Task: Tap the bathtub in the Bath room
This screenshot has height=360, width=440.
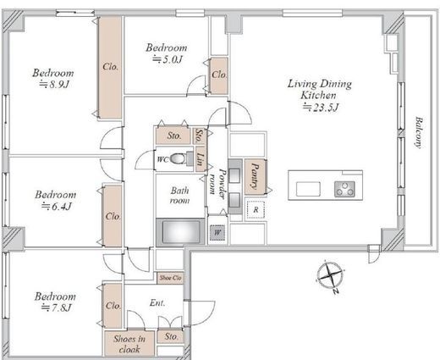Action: [x=180, y=232]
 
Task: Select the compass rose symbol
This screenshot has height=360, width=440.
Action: [x=330, y=276]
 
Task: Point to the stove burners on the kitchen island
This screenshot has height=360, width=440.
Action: [x=344, y=189]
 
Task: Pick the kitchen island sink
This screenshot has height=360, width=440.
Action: [x=308, y=189]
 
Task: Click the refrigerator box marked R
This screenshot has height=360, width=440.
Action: [x=256, y=210]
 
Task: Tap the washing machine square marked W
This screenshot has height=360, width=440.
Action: [x=217, y=233]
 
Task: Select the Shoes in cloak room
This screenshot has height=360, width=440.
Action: [x=129, y=343]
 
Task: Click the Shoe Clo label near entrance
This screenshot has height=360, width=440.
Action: [x=170, y=278]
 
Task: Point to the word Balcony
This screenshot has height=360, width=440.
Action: [x=419, y=132]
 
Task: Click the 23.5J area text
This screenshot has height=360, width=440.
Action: [x=321, y=108]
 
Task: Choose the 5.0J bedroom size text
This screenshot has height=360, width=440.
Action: [x=168, y=59]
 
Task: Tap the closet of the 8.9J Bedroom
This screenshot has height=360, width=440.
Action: [x=110, y=67]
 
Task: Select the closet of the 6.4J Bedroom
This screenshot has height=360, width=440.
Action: [x=113, y=216]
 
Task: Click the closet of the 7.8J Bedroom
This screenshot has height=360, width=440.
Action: [x=113, y=306]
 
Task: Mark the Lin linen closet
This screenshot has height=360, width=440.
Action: [x=200, y=159]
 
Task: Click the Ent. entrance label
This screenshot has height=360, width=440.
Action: [x=157, y=303]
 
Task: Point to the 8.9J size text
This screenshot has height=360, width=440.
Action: [x=54, y=84]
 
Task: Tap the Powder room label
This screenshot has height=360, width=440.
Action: [x=217, y=181]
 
